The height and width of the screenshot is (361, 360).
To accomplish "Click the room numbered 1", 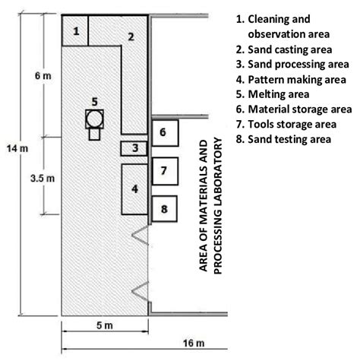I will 75,31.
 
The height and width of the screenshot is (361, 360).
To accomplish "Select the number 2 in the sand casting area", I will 130,36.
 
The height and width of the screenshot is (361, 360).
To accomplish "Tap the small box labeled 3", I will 134,148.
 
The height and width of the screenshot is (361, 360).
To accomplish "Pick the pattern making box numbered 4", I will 134,189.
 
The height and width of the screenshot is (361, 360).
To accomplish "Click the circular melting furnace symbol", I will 94,119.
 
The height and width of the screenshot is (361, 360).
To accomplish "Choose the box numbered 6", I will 163,132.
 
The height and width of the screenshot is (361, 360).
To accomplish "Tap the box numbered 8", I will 163,206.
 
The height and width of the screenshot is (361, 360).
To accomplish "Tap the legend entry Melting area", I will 274,93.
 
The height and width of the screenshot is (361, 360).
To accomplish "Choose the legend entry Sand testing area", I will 283,139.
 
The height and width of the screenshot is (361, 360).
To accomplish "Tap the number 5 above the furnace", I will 93,101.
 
